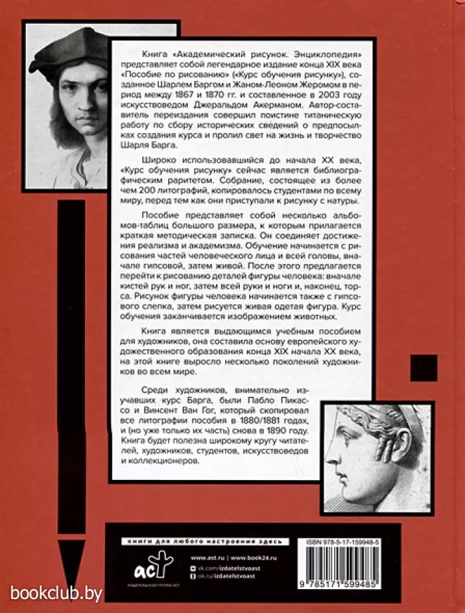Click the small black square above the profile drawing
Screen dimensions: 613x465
click(423, 370)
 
